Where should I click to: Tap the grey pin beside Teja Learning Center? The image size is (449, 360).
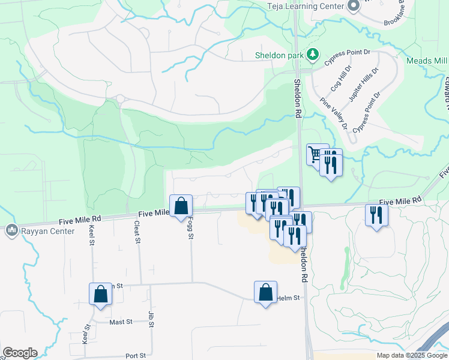click(353, 6)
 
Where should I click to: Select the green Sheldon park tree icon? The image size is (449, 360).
click(312, 56)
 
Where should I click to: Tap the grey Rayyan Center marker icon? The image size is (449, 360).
click(12, 230)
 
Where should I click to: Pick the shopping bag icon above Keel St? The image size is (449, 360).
click(101, 294)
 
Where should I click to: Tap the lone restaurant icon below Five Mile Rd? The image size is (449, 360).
click(376, 215)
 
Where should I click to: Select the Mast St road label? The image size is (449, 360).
click(121, 322)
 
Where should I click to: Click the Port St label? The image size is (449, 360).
click(134, 356)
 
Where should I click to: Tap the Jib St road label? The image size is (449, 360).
click(151, 317)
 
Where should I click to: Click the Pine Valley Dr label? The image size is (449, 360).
click(334, 113)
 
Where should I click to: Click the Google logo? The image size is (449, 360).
click(20, 353)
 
